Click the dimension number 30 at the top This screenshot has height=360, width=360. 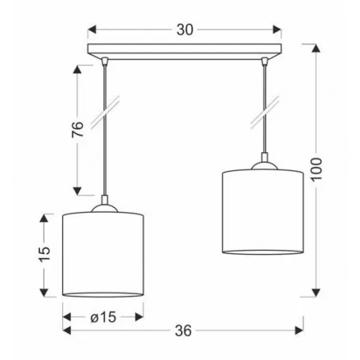[184, 30]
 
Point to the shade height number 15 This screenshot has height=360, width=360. [45, 254]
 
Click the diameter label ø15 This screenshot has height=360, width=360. [102, 316]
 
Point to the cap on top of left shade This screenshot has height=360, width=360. [103, 209]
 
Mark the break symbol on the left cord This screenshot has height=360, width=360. [103, 111]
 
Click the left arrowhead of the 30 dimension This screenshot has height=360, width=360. [91, 30]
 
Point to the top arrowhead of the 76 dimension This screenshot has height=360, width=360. [77, 68]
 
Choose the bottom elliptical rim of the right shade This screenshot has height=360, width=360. [261, 250]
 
